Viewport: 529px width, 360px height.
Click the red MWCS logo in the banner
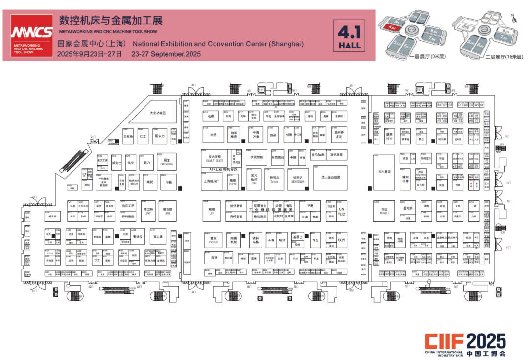33,33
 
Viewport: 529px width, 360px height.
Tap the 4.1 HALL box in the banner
349,36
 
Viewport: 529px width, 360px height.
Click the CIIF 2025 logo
464,342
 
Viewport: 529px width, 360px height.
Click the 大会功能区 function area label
158,113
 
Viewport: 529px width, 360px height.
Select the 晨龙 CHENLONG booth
167,162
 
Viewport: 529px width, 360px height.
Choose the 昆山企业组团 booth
331,177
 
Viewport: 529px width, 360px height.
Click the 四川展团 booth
384,172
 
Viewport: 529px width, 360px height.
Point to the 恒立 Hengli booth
384,211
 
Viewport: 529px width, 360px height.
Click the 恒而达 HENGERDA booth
298,179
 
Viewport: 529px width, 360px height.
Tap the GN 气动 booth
342,211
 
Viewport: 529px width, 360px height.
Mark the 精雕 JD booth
212,211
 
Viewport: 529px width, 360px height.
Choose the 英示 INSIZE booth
213,240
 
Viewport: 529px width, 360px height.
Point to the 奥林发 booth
138,237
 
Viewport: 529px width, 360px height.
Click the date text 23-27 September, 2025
166,54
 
